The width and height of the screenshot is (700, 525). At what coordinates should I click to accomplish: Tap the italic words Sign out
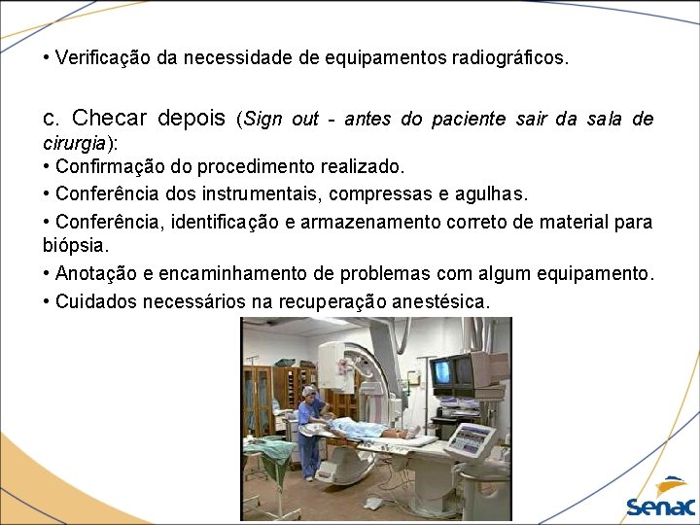click(282, 120)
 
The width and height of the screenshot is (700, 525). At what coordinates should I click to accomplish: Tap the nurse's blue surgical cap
click(310, 391)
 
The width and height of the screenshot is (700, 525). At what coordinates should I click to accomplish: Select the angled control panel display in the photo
click(478, 440)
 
